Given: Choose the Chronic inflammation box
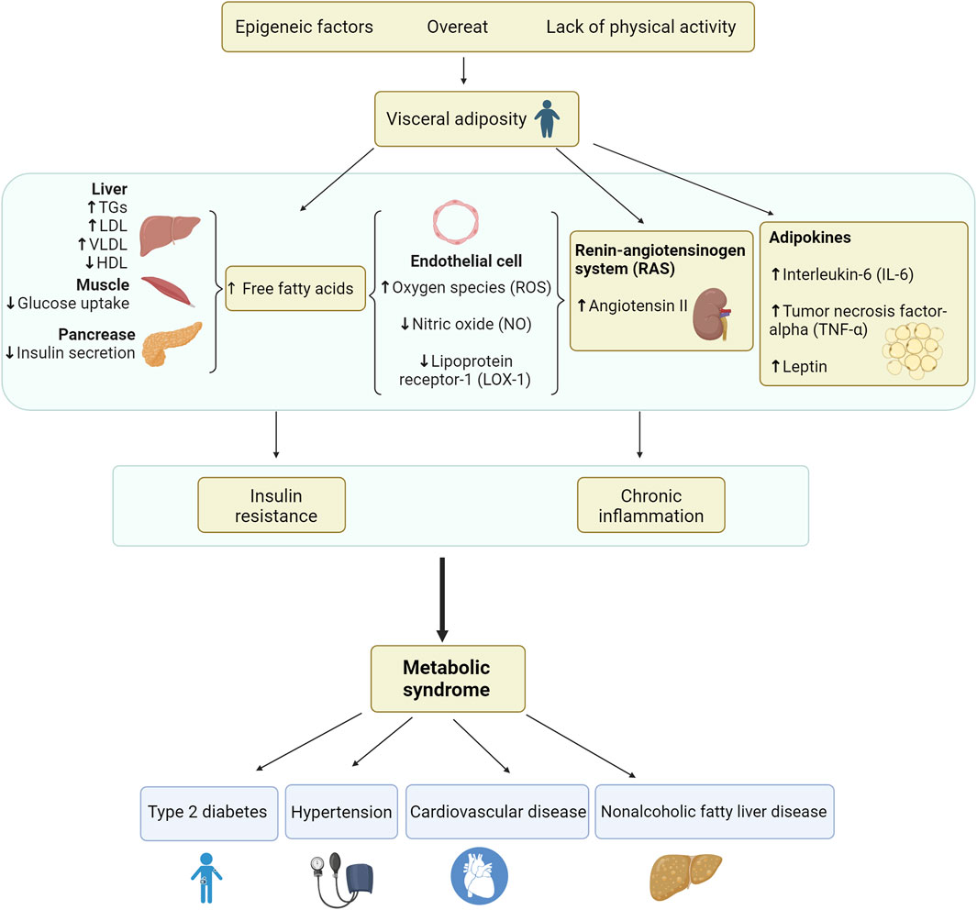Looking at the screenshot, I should tap(651, 504).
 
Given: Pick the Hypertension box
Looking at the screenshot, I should tap(341, 812).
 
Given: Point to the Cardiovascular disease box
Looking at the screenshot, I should tap(497, 812).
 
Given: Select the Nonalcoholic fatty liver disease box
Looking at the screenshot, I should tap(714, 812).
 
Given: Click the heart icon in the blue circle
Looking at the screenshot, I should tap(478, 876).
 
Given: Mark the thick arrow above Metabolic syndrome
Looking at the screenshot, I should tap(443, 597).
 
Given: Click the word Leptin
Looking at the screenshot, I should tap(805, 366).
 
